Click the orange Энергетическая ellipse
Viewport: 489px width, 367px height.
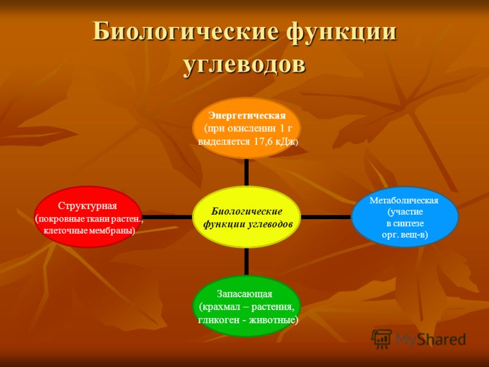[x=246, y=128]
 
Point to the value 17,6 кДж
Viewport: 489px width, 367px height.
[x=274, y=142]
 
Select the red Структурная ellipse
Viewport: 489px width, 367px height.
[x=88, y=217]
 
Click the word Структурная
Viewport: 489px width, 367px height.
[x=87, y=206]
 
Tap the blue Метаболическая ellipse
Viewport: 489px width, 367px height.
[x=405, y=217]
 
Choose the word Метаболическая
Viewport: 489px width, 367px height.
[x=404, y=201]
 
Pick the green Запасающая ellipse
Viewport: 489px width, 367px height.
[x=246, y=306]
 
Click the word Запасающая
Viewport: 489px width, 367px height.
[x=244, y=294]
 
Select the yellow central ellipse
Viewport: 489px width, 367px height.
[x=246, y=217]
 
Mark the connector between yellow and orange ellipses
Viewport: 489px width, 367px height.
[x=246, y=172]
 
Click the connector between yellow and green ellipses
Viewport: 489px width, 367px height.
[x=246, y=262]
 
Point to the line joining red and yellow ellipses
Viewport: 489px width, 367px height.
[x=167, y=217]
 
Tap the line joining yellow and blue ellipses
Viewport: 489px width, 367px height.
[x=326, y=217]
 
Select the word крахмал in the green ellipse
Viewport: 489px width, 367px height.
[x=222, y=307]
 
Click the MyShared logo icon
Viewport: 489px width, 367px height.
[x=381, y=339]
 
